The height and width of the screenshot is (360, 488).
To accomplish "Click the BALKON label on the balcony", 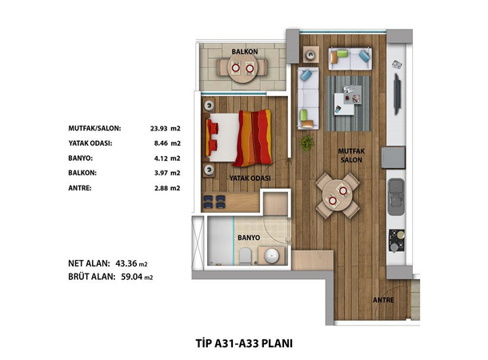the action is [245, 52].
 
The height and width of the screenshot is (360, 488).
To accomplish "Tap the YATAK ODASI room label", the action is [250, 178].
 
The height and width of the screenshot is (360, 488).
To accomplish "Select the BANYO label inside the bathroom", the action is [249, 238].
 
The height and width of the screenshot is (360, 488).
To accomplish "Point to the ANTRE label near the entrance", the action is [383, 300].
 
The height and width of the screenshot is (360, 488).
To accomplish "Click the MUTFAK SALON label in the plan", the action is [351, 155].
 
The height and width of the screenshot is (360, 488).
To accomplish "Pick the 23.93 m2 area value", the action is [166, 128].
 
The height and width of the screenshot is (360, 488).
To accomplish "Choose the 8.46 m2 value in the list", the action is [167, 143].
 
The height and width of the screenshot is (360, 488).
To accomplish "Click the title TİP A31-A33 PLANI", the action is [244, 343].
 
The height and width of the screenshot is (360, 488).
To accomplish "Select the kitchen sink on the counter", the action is [396, 197].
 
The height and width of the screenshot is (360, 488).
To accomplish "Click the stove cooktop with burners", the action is [397, 240].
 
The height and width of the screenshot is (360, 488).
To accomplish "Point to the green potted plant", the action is [306, 143].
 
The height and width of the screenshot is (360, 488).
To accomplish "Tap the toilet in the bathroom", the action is [246, 256].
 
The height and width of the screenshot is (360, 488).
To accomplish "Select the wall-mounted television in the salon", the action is [398, 94].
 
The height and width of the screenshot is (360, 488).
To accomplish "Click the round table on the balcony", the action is [242, 68].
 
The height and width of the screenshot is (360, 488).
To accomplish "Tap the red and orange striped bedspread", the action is [254, 138].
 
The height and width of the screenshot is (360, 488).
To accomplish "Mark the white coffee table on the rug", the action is [344, 104].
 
